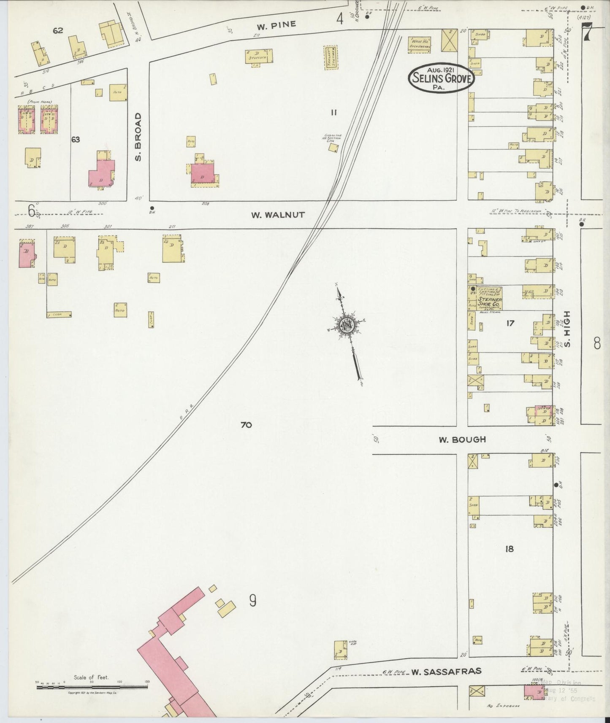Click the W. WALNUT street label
coord(277,215)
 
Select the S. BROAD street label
coord(138,137)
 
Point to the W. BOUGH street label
coord(462,440)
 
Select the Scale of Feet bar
coord(92,688)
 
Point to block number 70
coord(246,425)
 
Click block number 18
coord(509,549)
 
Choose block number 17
coord(510,323)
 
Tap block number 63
coord(76,140)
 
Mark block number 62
coord(58,30)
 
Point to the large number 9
coord(252,600)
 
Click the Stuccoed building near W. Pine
coord(259,57)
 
